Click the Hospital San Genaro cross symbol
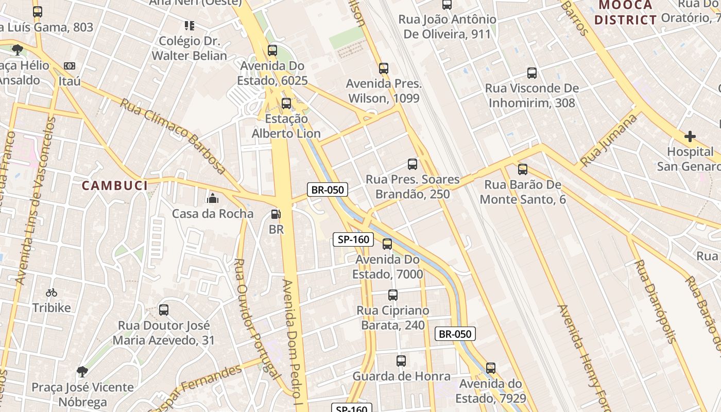pos(690,136)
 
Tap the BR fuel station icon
pos(276,214)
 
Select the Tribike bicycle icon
pos(51,293)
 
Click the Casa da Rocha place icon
pos(212,198)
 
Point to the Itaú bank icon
pos(69,66)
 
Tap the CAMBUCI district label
pos(115,185)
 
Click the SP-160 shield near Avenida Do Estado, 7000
pos(353,239)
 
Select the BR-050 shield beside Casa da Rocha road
pos(328,190)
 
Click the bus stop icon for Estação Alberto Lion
pos(286,103)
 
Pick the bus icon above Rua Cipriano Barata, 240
pos(393,295)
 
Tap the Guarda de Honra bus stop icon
pos(401,361)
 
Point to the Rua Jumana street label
pos(609,141)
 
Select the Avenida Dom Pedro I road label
pos(290,342)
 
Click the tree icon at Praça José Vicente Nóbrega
pos(82,371)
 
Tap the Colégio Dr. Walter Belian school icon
pos(189,25)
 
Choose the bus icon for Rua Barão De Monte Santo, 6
pos(523,169)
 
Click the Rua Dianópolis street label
pos(655,301)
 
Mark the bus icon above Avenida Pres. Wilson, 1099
pos(384,68)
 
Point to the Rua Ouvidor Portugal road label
pos(256,319)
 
